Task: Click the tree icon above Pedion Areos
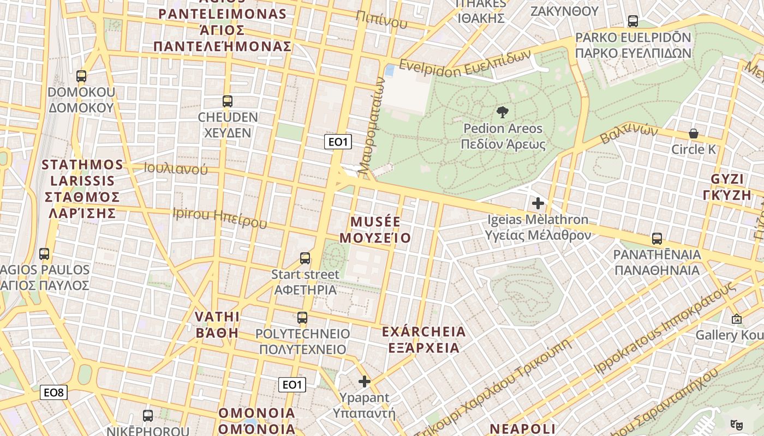[x=502, y=112]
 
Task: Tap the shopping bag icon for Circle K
[x=693, y=134]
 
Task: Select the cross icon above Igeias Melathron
[x=538, y=203]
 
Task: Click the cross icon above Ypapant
[x=365, y=381]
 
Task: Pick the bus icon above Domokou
[x=81, y=76]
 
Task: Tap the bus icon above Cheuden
[x=228, y=101]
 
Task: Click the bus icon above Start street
[x=305, y=258]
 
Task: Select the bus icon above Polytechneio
[x=302, y=317]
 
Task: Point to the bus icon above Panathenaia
[x=657, y=239]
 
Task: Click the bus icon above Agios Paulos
[x=44, y=253]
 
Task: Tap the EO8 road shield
[x=54, y=392]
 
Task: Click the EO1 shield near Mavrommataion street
[x=338, y=142]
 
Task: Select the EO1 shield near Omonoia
[x=292, y=385]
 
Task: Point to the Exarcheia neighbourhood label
[x=423, y=340]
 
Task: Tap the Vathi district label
[x=217, y=324]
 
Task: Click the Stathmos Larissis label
[x=82, y=189]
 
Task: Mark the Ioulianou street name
[x=176, y=169]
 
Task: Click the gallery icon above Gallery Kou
[x=736, y=319]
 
